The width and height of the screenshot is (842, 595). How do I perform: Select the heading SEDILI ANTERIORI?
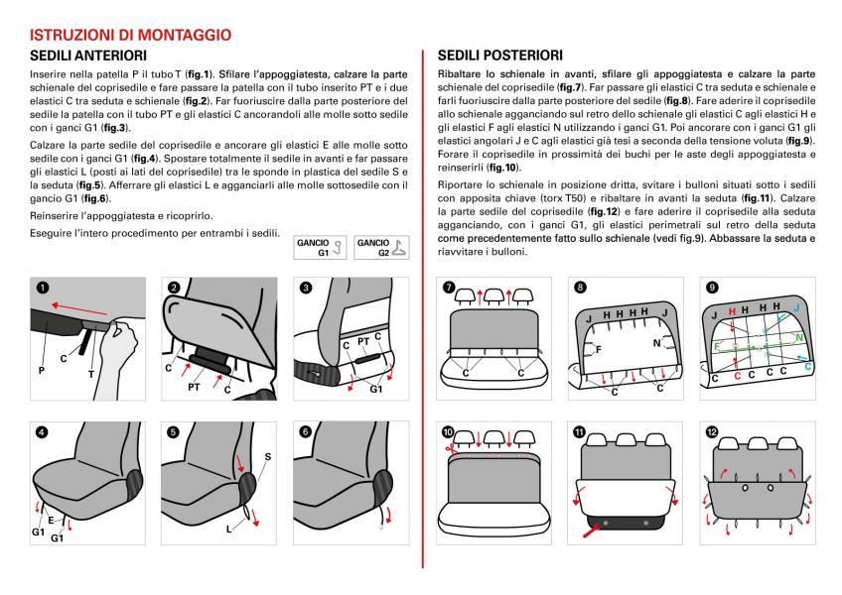pos(89,56)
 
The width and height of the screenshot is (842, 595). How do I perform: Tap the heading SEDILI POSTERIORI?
pos(500,56)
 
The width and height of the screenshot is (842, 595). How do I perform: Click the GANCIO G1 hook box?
pos(319,247)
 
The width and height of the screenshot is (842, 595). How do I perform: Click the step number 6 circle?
pos(306,430)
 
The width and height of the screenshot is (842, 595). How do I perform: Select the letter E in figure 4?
pos(51,518)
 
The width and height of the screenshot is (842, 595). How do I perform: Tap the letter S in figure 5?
pos(267,456)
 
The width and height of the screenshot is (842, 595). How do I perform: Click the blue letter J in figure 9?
pos(796,310)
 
